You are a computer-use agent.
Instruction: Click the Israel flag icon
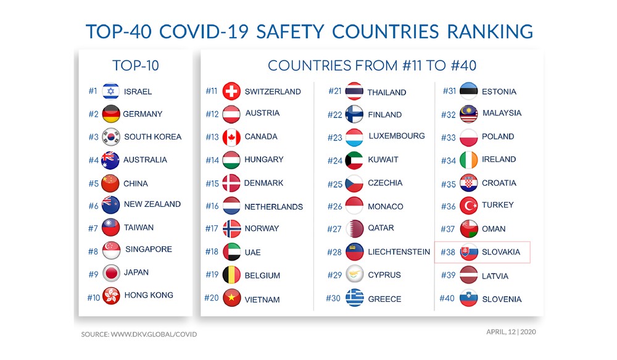point(110,91)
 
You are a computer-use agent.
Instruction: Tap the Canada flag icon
point(231,137)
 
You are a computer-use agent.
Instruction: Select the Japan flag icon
point(111,273)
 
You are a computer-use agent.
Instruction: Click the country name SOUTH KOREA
point(152,136)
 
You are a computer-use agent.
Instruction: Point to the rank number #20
point(212,298)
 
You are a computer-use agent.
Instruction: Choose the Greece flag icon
point(355,298)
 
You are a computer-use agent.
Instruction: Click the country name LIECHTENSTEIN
point(399,252)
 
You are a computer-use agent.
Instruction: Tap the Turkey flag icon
point(469,206)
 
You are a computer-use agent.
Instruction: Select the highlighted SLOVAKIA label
point(500,252)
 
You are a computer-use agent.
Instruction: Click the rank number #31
point(450,91)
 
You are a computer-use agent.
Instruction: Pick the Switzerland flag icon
point(231,91)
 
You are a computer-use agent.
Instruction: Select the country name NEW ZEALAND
point(152,204)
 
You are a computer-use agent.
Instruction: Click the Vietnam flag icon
point(232,298)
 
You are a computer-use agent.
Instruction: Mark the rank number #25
point(335,184)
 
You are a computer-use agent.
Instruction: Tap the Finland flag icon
point(355,114)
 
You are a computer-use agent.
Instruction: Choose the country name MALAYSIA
point(502,113)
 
